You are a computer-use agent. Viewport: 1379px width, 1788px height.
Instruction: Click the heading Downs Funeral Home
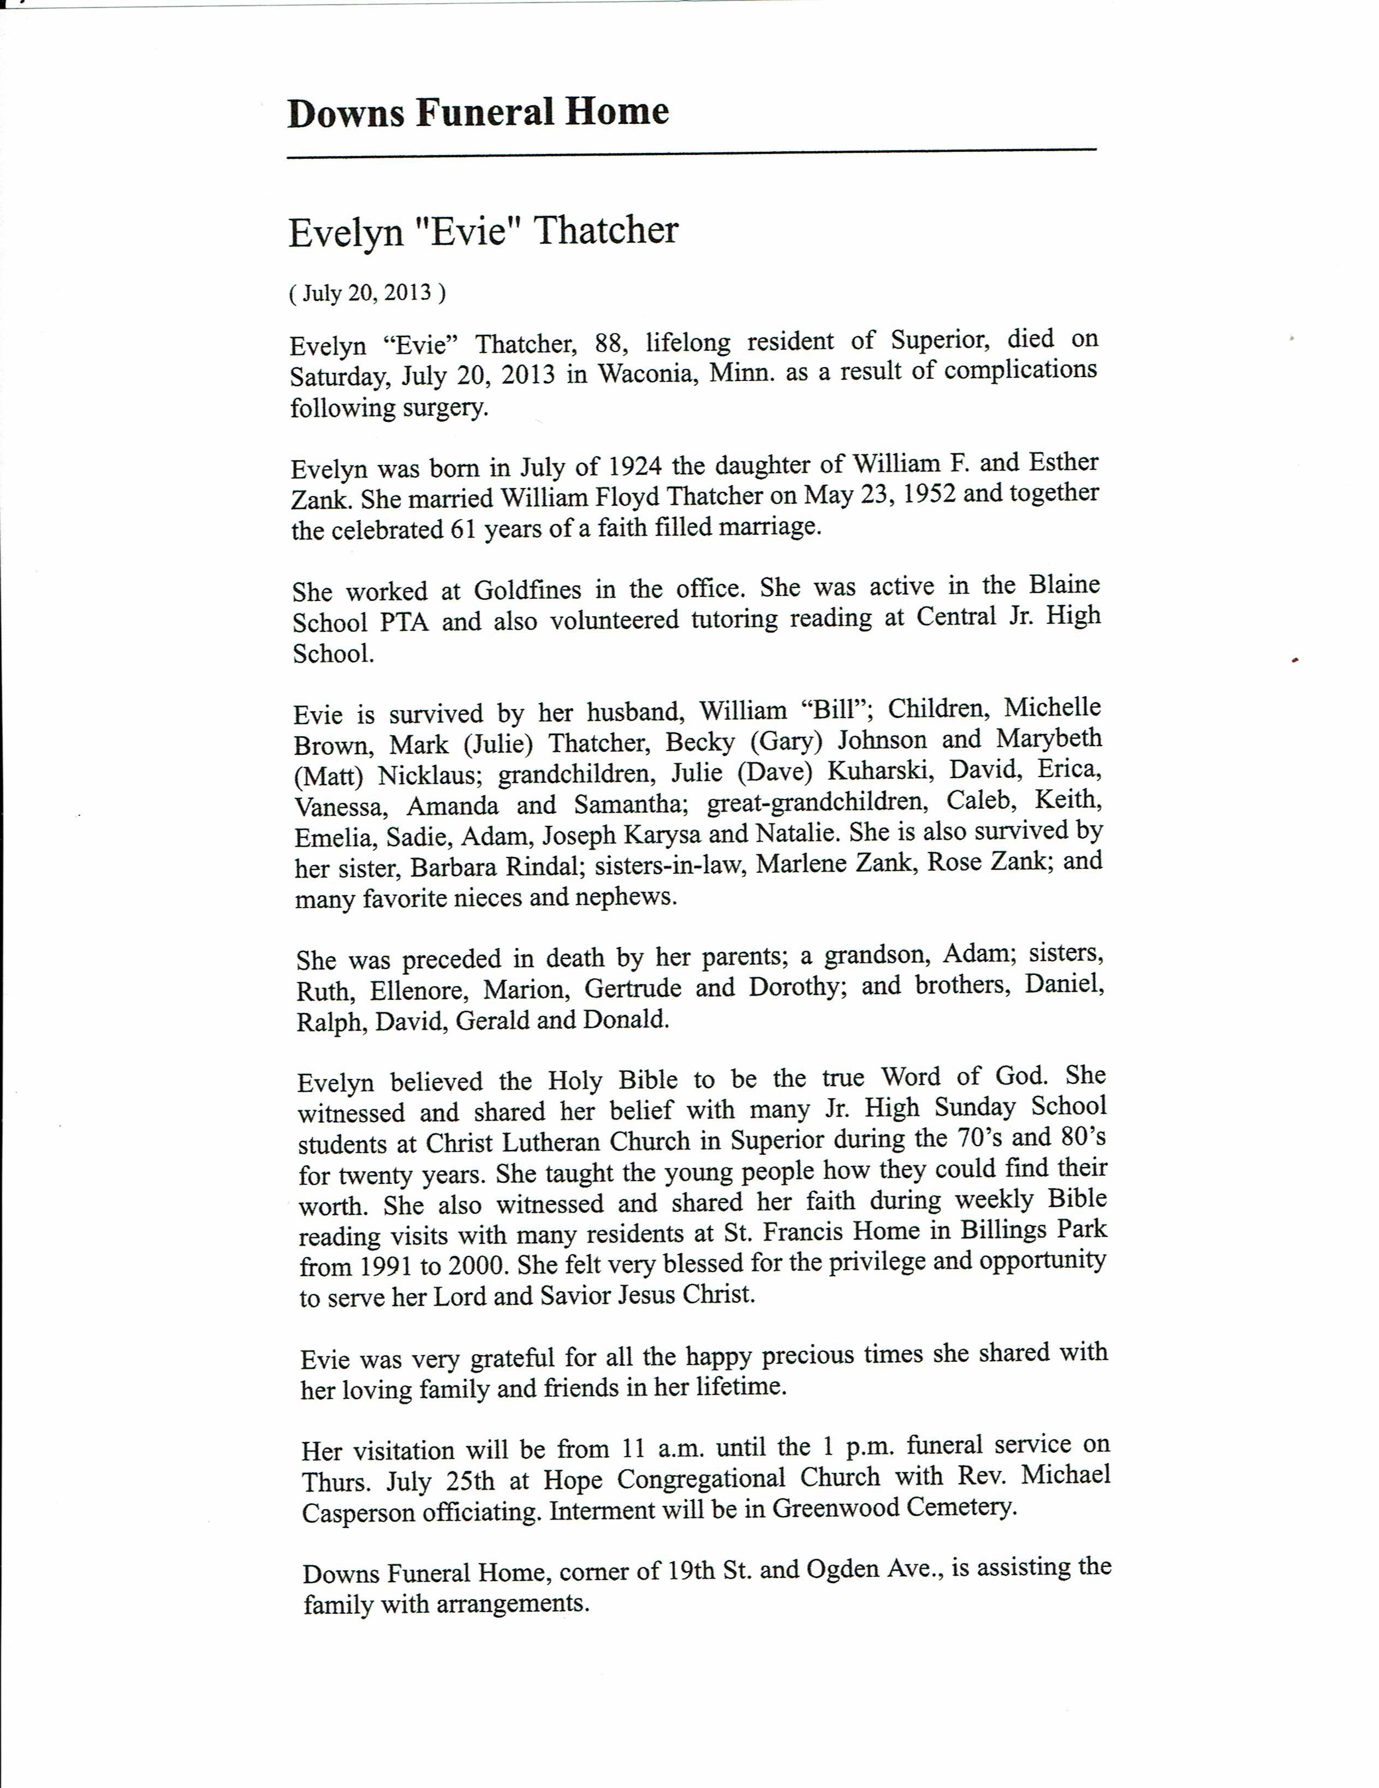[478, 112]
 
